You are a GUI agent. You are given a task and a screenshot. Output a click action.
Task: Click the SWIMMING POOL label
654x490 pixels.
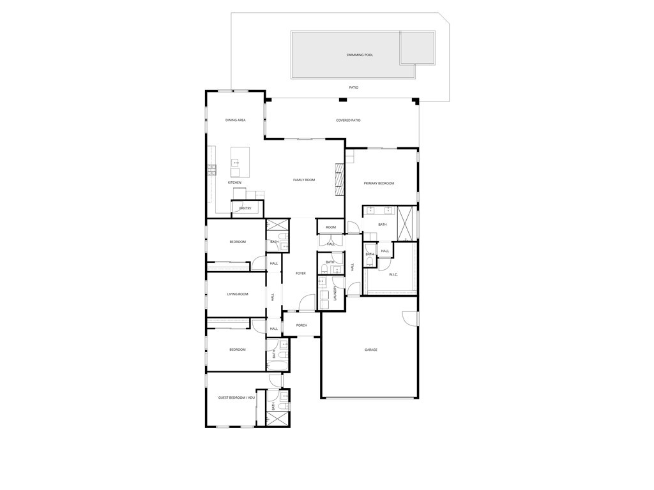360,55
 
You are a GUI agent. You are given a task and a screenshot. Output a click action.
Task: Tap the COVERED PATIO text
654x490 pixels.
348,120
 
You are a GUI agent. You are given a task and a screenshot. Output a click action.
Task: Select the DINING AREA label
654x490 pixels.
235,120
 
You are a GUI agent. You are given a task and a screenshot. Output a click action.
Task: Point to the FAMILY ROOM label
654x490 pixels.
304,180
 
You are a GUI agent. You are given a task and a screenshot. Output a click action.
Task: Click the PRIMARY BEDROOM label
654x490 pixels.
379,183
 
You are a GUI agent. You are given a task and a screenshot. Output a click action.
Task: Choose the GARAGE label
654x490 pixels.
371,350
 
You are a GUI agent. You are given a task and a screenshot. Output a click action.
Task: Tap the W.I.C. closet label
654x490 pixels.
393,274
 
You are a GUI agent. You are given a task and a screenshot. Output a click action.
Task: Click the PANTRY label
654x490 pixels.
245,208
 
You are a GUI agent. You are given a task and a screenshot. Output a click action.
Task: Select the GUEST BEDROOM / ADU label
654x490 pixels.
236,397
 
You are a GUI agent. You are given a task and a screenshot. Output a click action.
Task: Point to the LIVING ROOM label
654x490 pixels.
238,294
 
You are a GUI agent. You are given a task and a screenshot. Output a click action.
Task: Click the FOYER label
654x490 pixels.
300,273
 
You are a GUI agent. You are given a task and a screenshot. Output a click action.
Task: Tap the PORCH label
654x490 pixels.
301,325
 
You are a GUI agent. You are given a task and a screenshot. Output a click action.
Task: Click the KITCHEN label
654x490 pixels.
234,182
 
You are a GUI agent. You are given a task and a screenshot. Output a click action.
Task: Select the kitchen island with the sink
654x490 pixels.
240,162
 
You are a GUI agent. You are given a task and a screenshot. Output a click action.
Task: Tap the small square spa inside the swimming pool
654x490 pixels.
417,48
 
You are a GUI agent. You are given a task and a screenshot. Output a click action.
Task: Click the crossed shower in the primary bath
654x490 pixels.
405,222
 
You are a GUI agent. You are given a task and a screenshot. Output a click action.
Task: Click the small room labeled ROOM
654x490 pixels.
331,227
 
